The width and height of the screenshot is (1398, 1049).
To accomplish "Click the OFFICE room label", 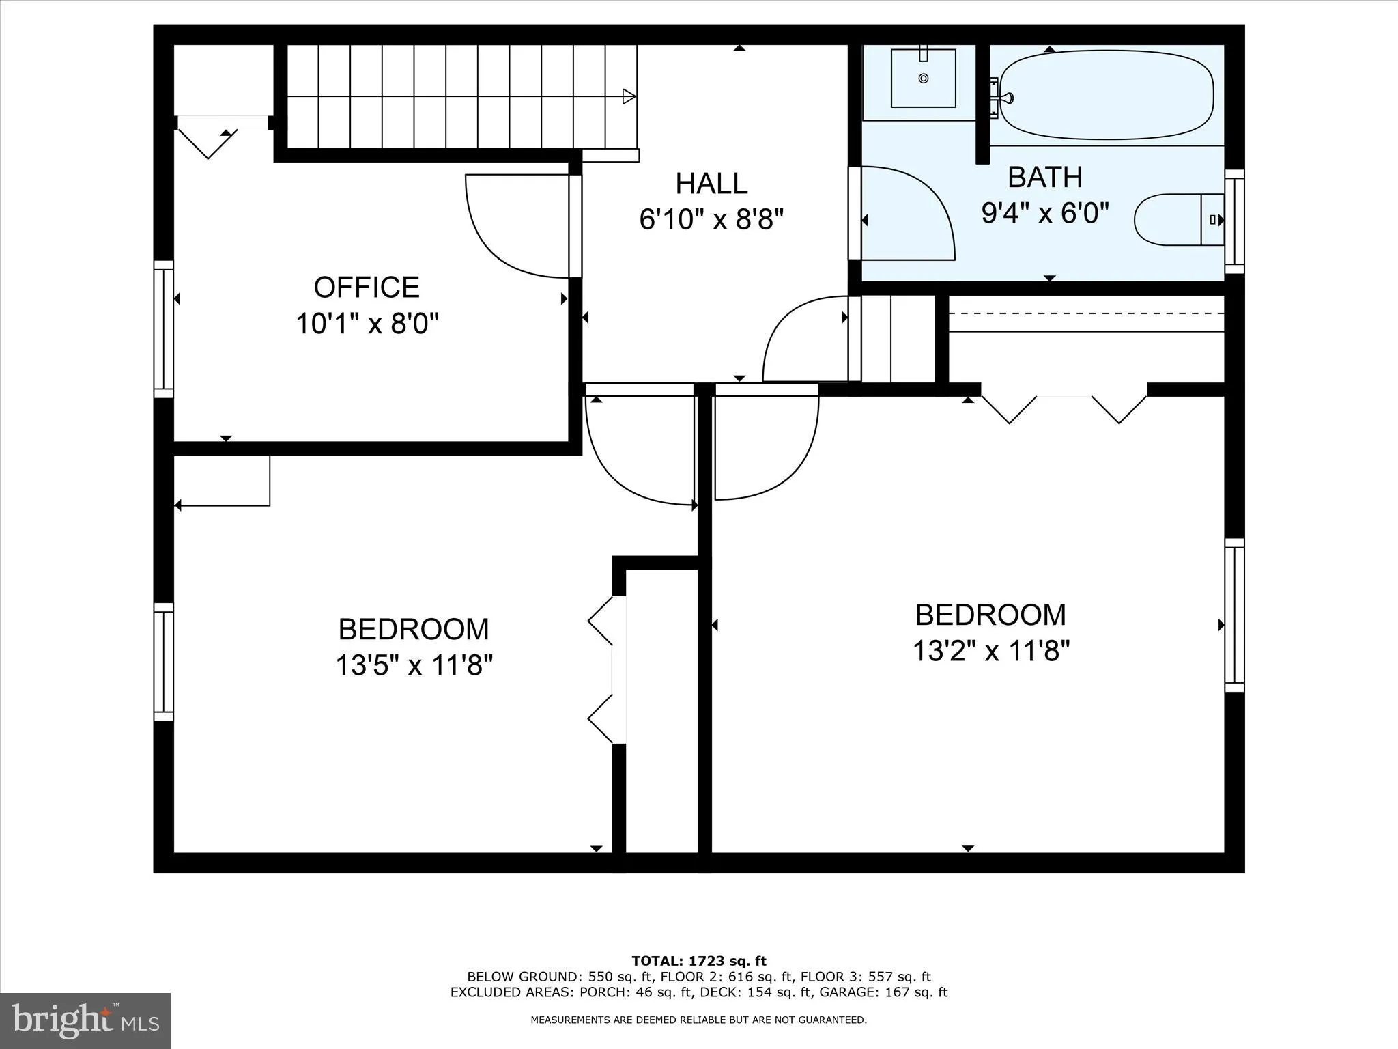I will coord(367,288).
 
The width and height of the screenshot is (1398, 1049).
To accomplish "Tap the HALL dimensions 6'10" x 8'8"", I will coord(711,220).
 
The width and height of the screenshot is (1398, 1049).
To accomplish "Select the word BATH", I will coord(1045,178).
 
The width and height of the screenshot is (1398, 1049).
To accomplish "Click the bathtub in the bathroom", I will coord(1106,94).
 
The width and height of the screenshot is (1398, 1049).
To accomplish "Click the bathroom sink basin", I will coord(923,79).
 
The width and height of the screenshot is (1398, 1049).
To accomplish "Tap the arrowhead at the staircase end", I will coord(629,96).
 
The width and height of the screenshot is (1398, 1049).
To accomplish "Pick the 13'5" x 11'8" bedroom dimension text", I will coord(414,665).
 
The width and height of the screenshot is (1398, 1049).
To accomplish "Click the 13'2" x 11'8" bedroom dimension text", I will coord(990,651).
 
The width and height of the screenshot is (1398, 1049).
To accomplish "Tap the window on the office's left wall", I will coord(163,328).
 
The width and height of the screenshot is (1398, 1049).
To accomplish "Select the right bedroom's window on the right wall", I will coord(1234,615).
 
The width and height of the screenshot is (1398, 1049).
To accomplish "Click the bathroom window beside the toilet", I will coord(1234,221).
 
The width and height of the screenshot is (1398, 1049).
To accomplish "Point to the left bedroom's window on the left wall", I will coord(163,661).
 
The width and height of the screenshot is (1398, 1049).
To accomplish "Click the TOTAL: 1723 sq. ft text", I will coord(699,962).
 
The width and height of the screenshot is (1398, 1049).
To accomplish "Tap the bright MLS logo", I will coord(85,1020).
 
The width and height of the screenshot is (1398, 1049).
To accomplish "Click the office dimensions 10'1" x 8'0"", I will coord(367,323).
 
